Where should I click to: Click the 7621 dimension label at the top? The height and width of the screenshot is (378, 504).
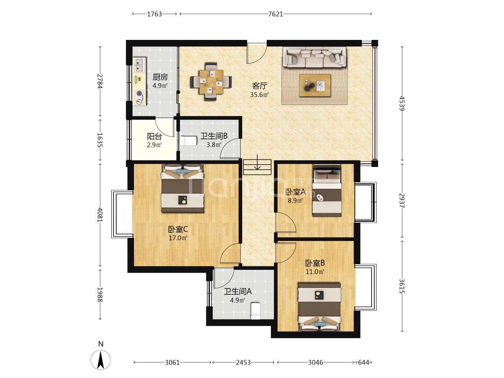coord(275,14)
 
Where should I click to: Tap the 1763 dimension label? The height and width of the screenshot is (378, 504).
coord(154,14)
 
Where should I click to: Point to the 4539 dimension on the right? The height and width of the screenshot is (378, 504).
coord(402,103)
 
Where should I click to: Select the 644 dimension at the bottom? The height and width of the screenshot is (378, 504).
coord(364,362)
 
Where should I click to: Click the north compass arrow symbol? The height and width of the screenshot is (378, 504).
coord(100,360)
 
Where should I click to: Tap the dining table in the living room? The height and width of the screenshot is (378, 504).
coord(211,82)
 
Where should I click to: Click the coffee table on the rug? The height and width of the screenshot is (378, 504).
coord(315,85)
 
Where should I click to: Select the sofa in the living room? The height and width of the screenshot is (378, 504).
coord(315,57)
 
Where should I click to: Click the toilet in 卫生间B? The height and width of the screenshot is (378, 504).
coord(189,141)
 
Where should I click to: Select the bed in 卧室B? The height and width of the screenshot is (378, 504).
coord(319,307)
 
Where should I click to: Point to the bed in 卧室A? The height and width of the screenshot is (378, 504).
coord(327,191)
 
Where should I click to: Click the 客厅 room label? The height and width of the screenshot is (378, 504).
coord(259,86)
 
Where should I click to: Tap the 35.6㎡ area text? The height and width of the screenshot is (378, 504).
coord(259,94)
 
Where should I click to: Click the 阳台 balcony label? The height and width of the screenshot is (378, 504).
coord(154,136)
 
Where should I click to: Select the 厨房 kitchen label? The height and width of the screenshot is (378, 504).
coord(160,77)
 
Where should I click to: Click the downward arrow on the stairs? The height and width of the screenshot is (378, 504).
coord(257,162)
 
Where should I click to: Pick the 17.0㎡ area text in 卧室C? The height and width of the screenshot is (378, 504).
coord(178,238)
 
